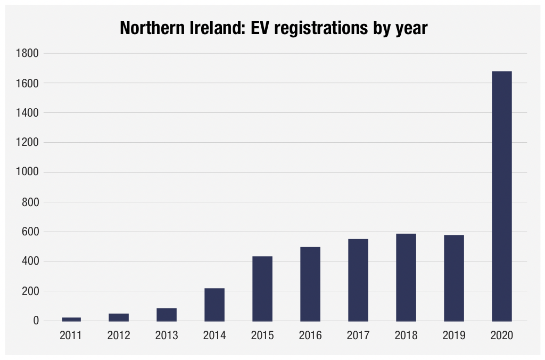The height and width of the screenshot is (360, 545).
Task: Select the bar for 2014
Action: (x=214, y=305)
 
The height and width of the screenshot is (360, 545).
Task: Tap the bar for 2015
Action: (x=262, y=289)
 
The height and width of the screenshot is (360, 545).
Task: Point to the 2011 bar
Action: (x=71, y=319)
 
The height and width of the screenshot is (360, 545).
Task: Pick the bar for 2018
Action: (x=406, y=277)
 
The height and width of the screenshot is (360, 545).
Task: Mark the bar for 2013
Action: (x=167, y=315)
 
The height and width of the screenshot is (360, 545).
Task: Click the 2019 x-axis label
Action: (x=454, y=336)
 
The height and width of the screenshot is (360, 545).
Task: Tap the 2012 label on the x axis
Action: (x=119, y=336)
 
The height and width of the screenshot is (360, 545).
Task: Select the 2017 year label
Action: (x=358, y=336)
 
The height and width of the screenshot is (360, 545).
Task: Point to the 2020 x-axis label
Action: (x=502, y=336)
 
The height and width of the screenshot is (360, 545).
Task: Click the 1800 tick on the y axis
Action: (x=28, y=53)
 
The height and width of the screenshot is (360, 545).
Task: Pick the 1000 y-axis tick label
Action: (x=28, y=173)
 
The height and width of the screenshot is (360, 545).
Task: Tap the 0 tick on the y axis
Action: (x=36, y=321)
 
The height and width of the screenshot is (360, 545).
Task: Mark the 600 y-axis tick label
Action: (x=30, y=232)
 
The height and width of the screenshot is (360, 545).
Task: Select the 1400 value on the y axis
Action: (x=28, y=113)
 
